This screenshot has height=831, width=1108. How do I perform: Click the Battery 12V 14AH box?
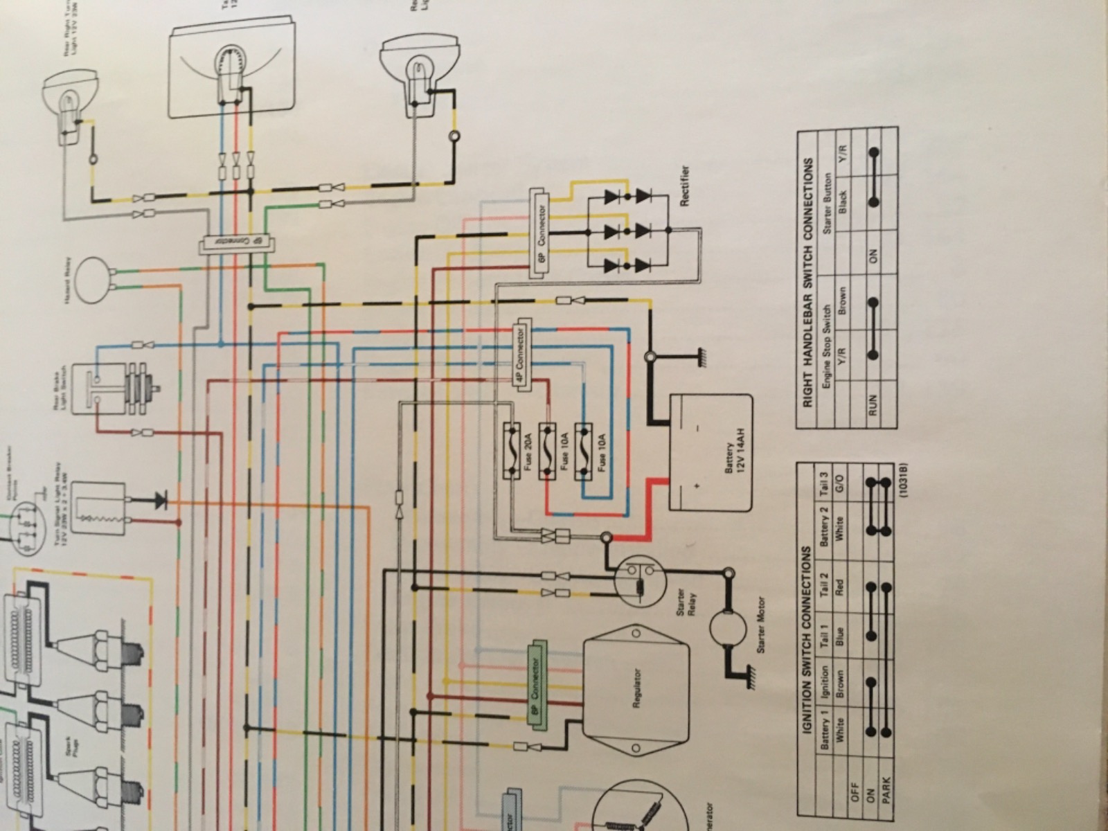pos(710,454)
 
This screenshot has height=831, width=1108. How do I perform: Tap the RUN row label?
pos(873,404)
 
